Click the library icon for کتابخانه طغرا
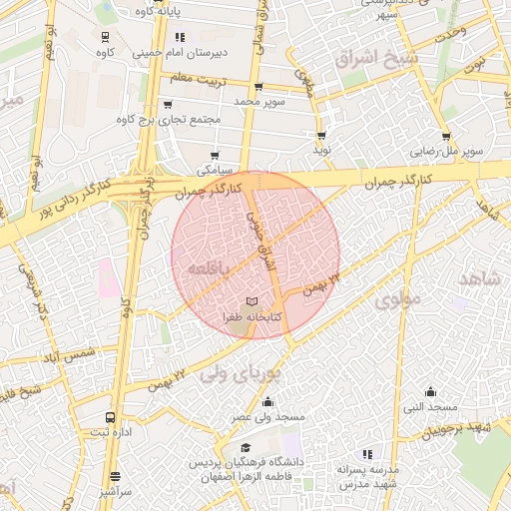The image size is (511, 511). point(252,301)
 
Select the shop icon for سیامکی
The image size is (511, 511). point(215,156)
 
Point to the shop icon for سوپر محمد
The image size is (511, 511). point(259,88)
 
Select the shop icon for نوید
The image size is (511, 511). point(321,136)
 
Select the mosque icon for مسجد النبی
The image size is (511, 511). point(430,391)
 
